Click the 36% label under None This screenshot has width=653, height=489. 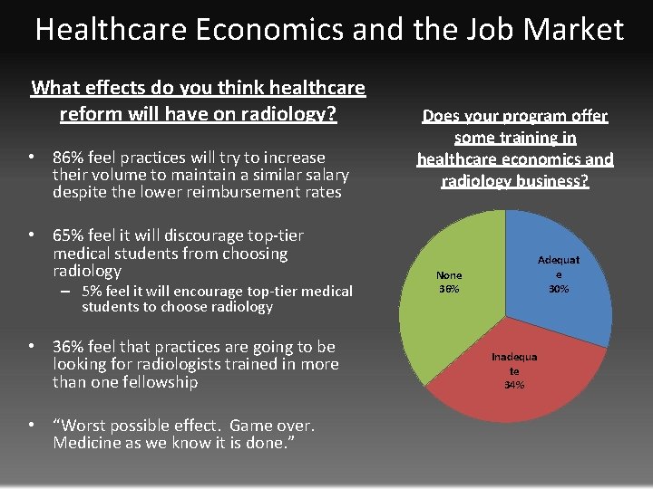pyautogui.click(x=449, y=289)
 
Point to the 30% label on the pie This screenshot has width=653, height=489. pyautogui.click(x=558, y=289)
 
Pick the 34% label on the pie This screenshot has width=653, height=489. pyautogui.click(x=513, y=385)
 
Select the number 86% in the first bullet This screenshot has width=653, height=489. pyautogui.click(x=70, y=157)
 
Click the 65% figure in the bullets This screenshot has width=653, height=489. pyautogui.click(x=70, y=235)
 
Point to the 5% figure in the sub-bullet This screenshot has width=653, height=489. pyautogui.click(x=91, y=291)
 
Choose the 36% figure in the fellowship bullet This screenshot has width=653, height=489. pyautogui.click(x=70, y=347)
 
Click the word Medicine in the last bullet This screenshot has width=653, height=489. pyautogui.click(x=90, y=443)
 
